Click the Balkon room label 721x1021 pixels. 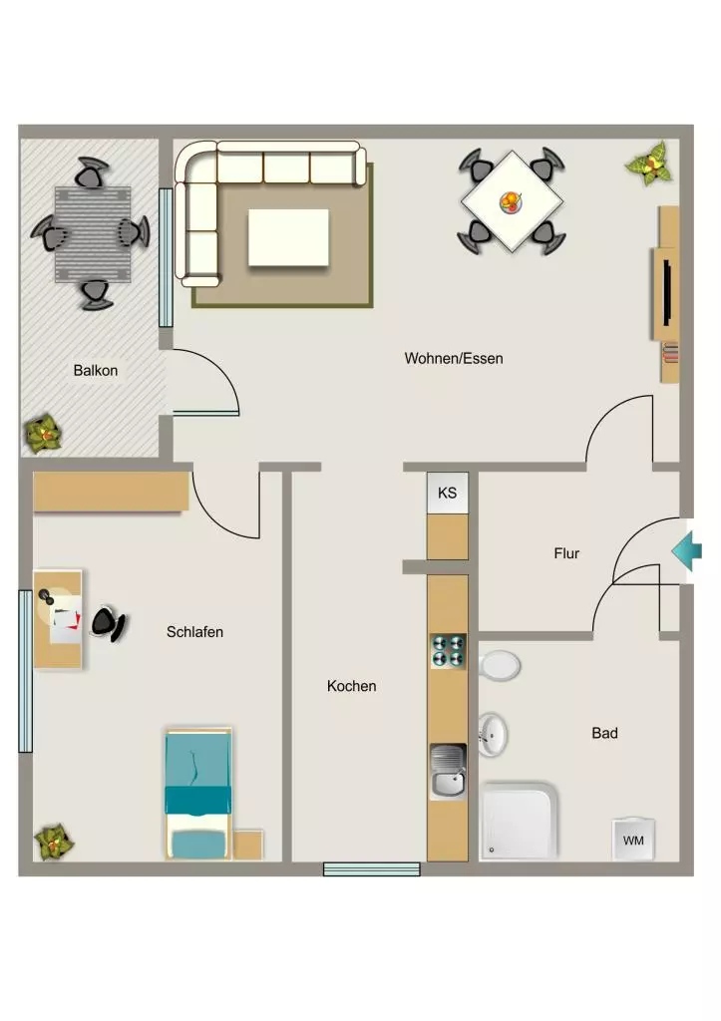(96, 371)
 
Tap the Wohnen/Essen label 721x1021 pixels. (454, 358)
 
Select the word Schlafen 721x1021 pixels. (194, 631)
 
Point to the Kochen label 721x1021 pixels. (352, 686)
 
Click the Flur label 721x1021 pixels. (566, 553)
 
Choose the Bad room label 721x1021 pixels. (604, 733)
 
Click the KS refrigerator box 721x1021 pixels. (448, 493)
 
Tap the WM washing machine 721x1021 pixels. (633, 840)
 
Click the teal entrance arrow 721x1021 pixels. (687, 551)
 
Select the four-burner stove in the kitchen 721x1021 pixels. (448, 650)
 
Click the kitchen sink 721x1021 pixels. (448, 772)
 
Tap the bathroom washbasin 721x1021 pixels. (493, 735)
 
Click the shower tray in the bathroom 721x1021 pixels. (520, 821)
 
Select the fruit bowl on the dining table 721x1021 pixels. (512, 201)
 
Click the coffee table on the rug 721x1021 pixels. (288, 237)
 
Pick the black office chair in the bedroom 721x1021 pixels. (108, 624)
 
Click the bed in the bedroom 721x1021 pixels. (198, 793)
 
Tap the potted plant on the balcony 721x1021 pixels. (44, 435)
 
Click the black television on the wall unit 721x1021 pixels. (667, 292)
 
